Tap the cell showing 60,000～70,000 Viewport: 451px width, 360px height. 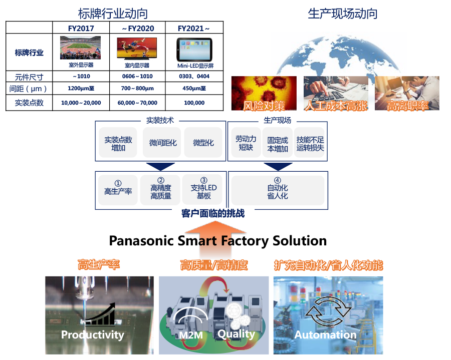tap(137, 103)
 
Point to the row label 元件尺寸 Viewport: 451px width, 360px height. tap(30, 77)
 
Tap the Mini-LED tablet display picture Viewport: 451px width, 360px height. tap(194, 49)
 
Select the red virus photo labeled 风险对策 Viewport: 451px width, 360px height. tap(264, 93)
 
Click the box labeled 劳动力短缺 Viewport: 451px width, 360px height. tap(246, 143)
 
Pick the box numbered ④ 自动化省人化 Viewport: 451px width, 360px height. tap(277, 188)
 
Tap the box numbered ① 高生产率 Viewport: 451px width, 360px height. tap(118, 188)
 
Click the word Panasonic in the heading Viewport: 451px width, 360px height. tap(142, 241)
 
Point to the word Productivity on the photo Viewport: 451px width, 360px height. tap(92, 334)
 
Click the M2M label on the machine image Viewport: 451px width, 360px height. tap(186, 334)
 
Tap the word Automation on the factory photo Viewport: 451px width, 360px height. tap(325, 334)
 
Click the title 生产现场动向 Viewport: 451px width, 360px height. tap(342, 14)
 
